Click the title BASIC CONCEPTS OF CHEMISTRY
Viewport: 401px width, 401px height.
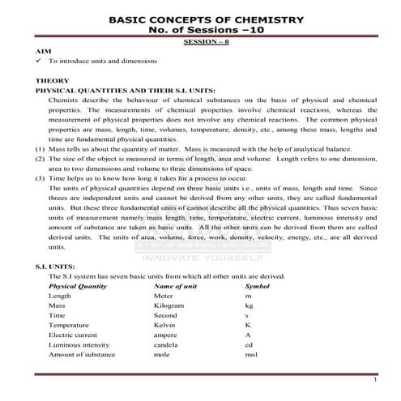tap(206, 19)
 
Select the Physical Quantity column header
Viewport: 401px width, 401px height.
tap(78, 286)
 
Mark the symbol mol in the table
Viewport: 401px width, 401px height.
tap(250, 354)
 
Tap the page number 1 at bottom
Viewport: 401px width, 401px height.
tap(375, 378)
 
